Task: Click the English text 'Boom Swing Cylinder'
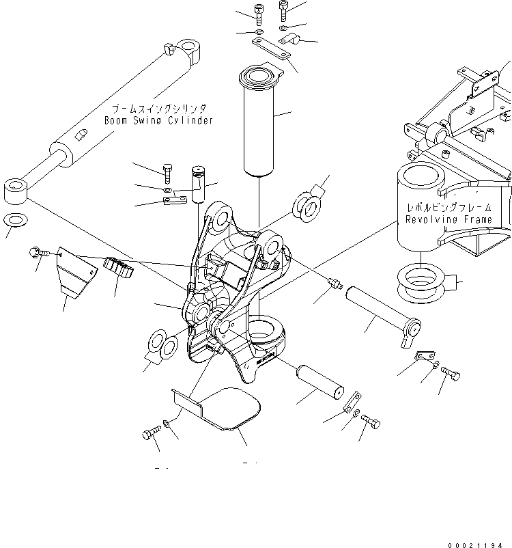[158, 120]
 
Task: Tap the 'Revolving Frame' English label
[448, 219]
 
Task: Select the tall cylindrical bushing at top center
[259, 123]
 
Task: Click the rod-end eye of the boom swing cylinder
[16, 189]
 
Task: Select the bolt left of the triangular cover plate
[38, 254]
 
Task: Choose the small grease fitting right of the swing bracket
[334, 282]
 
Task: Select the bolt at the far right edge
[452, 373]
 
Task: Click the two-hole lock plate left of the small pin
[175, 200]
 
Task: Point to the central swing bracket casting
[232, 294]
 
